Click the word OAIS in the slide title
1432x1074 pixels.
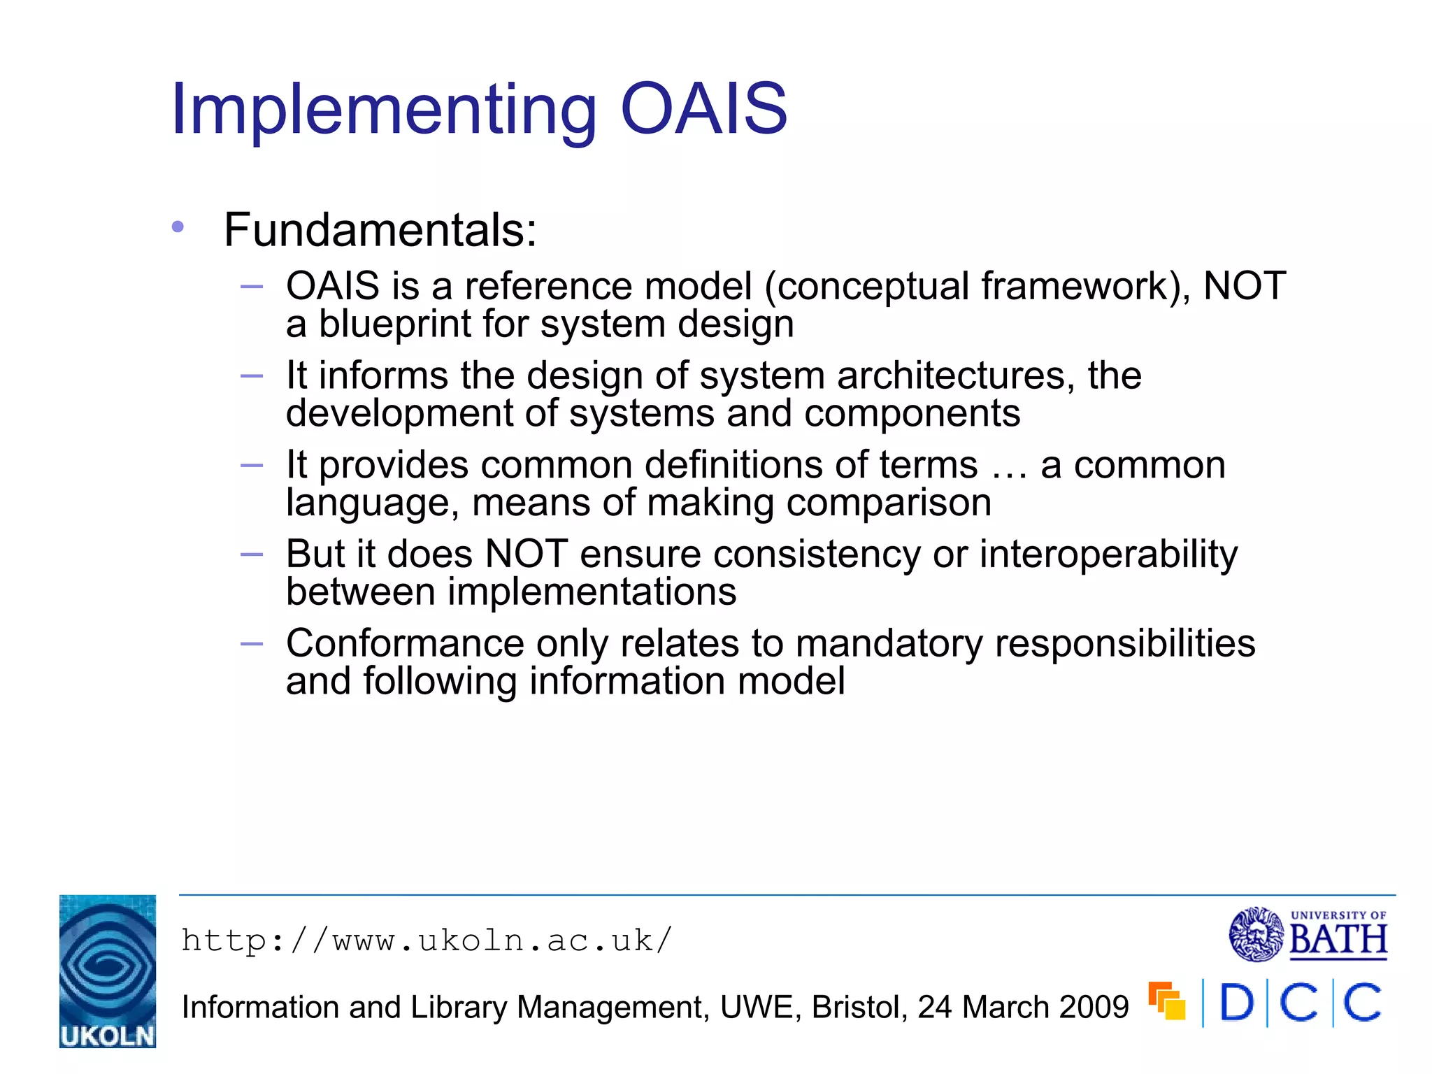point(704,109)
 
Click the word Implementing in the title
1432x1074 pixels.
point(383,110)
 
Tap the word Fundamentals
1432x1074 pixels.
point(380,230)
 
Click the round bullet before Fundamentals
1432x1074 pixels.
point(178,227)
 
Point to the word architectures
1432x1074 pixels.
point(955,375)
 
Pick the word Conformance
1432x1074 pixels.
point(405,643)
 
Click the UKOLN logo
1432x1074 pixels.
point(108,971)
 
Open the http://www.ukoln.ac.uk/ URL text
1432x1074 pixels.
point(427,940)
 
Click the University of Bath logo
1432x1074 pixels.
point(1308,934)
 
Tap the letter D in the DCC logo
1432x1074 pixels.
point(1236,1004)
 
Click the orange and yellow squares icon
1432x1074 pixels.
point(1166,1001)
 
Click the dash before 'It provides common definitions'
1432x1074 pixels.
point(251,465)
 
